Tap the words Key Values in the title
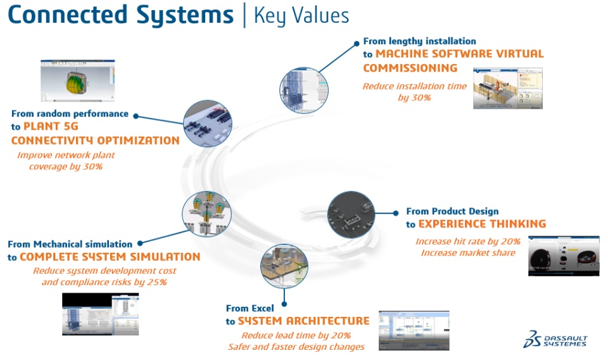click(x=301, y=15)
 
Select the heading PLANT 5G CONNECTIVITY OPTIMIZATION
click(x=95, y=133)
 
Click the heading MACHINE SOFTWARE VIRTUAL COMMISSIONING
click(x=453, y=60)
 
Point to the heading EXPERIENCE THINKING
click(x=482, y=224)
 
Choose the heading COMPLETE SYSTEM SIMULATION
click(x=110, y=257)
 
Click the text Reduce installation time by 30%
click(x=414, y=92)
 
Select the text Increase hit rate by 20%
click(x=468, y=241)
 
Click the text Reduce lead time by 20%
click(x=296, y=335)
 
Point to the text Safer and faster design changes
click(x=296, y=347)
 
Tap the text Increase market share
click(x=468, y=253)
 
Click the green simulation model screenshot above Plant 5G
click(x=78, y=81)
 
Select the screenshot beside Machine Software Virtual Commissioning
click(x=507, y=88)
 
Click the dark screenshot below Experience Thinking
click(x=563, y=256)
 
